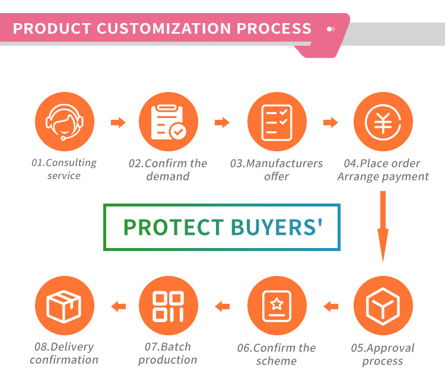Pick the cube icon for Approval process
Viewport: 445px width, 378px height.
click(383, 306)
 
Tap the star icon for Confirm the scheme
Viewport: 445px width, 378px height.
click(276, 306)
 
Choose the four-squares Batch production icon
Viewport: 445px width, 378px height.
click(169, 306)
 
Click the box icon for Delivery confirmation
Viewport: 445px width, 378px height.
click(64, 306)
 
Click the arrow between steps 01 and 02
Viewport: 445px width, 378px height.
click(118, 123)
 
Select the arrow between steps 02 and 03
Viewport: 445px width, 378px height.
click(222, 123)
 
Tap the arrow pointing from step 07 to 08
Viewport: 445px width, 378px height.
click(118, 306)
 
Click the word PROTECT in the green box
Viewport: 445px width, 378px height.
click(173, 227)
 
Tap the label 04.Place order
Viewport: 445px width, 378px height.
click(382, 163)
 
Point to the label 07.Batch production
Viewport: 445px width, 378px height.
click(168, 353)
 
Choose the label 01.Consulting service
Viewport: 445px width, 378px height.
click(64, 169)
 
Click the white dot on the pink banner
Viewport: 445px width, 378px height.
click(331, 28)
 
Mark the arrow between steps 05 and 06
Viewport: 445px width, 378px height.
click(330, 306)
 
